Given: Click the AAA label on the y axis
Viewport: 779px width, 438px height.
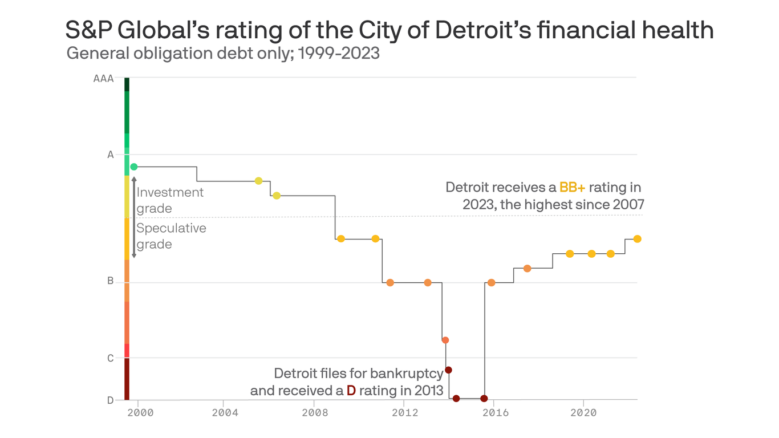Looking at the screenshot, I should (x=103, y=79).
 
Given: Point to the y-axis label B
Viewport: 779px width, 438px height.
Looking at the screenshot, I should (x=111, y=281).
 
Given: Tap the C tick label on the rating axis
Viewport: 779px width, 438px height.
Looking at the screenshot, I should (x=111, y=358).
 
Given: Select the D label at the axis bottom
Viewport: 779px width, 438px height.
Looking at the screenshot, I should (x=111, y=400).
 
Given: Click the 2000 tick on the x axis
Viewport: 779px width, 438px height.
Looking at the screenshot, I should (x=140, y=412).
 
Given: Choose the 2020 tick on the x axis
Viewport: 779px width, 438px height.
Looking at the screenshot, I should (x=583, y=412).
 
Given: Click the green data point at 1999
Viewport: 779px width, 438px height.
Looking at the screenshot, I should (x=134, y=167).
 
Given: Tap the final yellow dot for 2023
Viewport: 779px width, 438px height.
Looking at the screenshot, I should (x=637, y=239).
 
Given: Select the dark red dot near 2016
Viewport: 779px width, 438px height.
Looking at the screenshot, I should (x=484, y=398).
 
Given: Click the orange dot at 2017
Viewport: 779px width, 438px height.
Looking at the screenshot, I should (x=527, y=269).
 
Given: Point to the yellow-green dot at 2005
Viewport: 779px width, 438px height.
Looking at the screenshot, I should (x=258, y=181).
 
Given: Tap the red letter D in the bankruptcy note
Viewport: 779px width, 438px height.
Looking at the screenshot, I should (x=351, y=391).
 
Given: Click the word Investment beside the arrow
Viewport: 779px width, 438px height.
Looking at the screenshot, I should (x=170, y=192).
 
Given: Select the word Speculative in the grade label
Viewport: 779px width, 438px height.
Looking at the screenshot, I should (x=171, y=228).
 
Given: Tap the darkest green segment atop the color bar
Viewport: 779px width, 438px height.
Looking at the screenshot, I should (x=127, y=84).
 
